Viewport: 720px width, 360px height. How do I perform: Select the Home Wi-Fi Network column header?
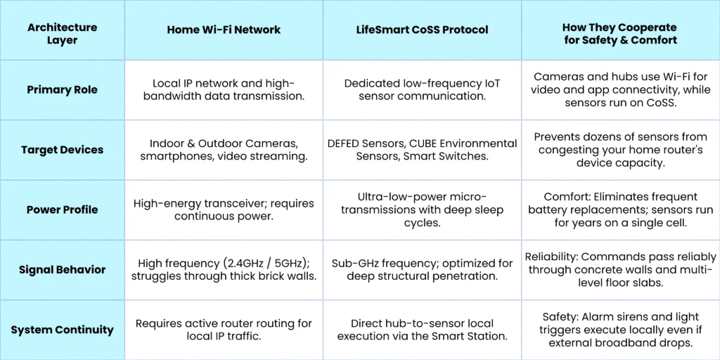(224, 30)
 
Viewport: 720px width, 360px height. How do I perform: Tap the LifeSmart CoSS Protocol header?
(423, 30)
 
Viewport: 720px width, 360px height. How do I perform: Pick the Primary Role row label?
(63, 89)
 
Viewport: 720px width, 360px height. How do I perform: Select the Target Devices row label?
(63, 150)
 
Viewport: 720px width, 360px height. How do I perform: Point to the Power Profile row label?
(63, 210)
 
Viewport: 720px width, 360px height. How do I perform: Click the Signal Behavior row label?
(63, 269)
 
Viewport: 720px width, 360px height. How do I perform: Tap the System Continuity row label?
(63, 330)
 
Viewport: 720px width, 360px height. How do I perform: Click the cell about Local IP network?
(224, 89)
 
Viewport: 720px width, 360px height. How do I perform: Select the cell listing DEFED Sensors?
(423, 150)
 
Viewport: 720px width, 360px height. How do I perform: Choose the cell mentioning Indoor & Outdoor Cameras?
(224, 150)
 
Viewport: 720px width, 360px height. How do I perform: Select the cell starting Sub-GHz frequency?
(423, 269)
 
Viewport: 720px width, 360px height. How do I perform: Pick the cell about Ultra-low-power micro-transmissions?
(423, 210)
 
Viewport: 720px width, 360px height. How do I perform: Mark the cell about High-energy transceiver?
(224, 210)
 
